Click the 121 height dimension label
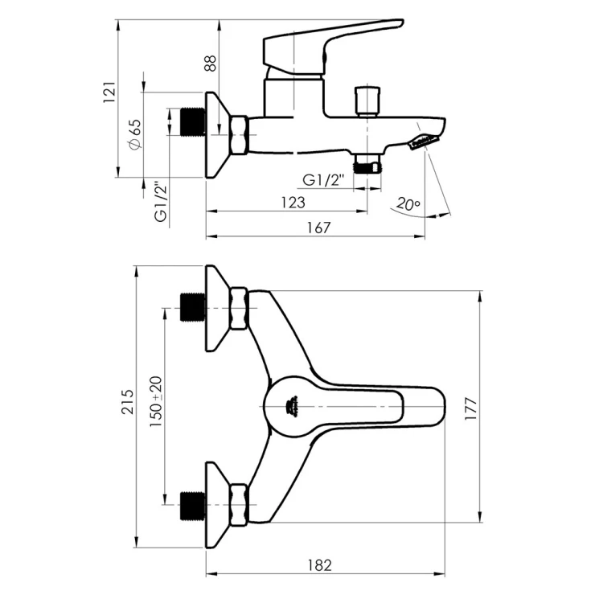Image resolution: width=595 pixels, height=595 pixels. click(x=109, y=92)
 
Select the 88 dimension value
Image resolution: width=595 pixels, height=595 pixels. click(x=210, y=64)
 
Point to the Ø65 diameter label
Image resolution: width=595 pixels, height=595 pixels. click(x=135, y=134)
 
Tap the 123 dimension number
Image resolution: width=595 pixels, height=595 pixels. click(x=293, y=203)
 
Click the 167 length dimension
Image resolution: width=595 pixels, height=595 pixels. click(x=318, y=228)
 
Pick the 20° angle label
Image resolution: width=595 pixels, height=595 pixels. click(x=408, y=204)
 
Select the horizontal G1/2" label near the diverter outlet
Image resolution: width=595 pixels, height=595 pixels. click(x=324, y=179)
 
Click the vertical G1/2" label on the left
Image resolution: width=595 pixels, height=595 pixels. click(x=161, y=202)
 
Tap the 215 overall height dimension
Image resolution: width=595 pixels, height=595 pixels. click(x=128, y=402)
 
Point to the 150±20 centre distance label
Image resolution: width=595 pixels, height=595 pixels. click(x=155, y=402)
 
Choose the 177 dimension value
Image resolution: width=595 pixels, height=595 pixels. click(x=470, y=408)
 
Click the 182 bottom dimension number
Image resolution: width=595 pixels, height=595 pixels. click(x=319, y=565)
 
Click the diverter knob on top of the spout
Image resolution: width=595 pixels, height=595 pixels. click(x=367, y=101)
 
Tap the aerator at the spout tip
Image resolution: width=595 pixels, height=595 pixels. click(x=423, y=142)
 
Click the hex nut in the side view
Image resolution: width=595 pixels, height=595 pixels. click(x=239, y=135)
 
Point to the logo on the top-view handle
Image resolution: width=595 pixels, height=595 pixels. click(x=292, y=406)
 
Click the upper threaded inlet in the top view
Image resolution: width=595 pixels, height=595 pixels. click(x=193, y=307)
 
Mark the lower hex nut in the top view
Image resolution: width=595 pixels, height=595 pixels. click(x=239, y=505)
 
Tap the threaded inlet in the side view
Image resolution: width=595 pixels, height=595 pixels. click(x=193, y=121)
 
